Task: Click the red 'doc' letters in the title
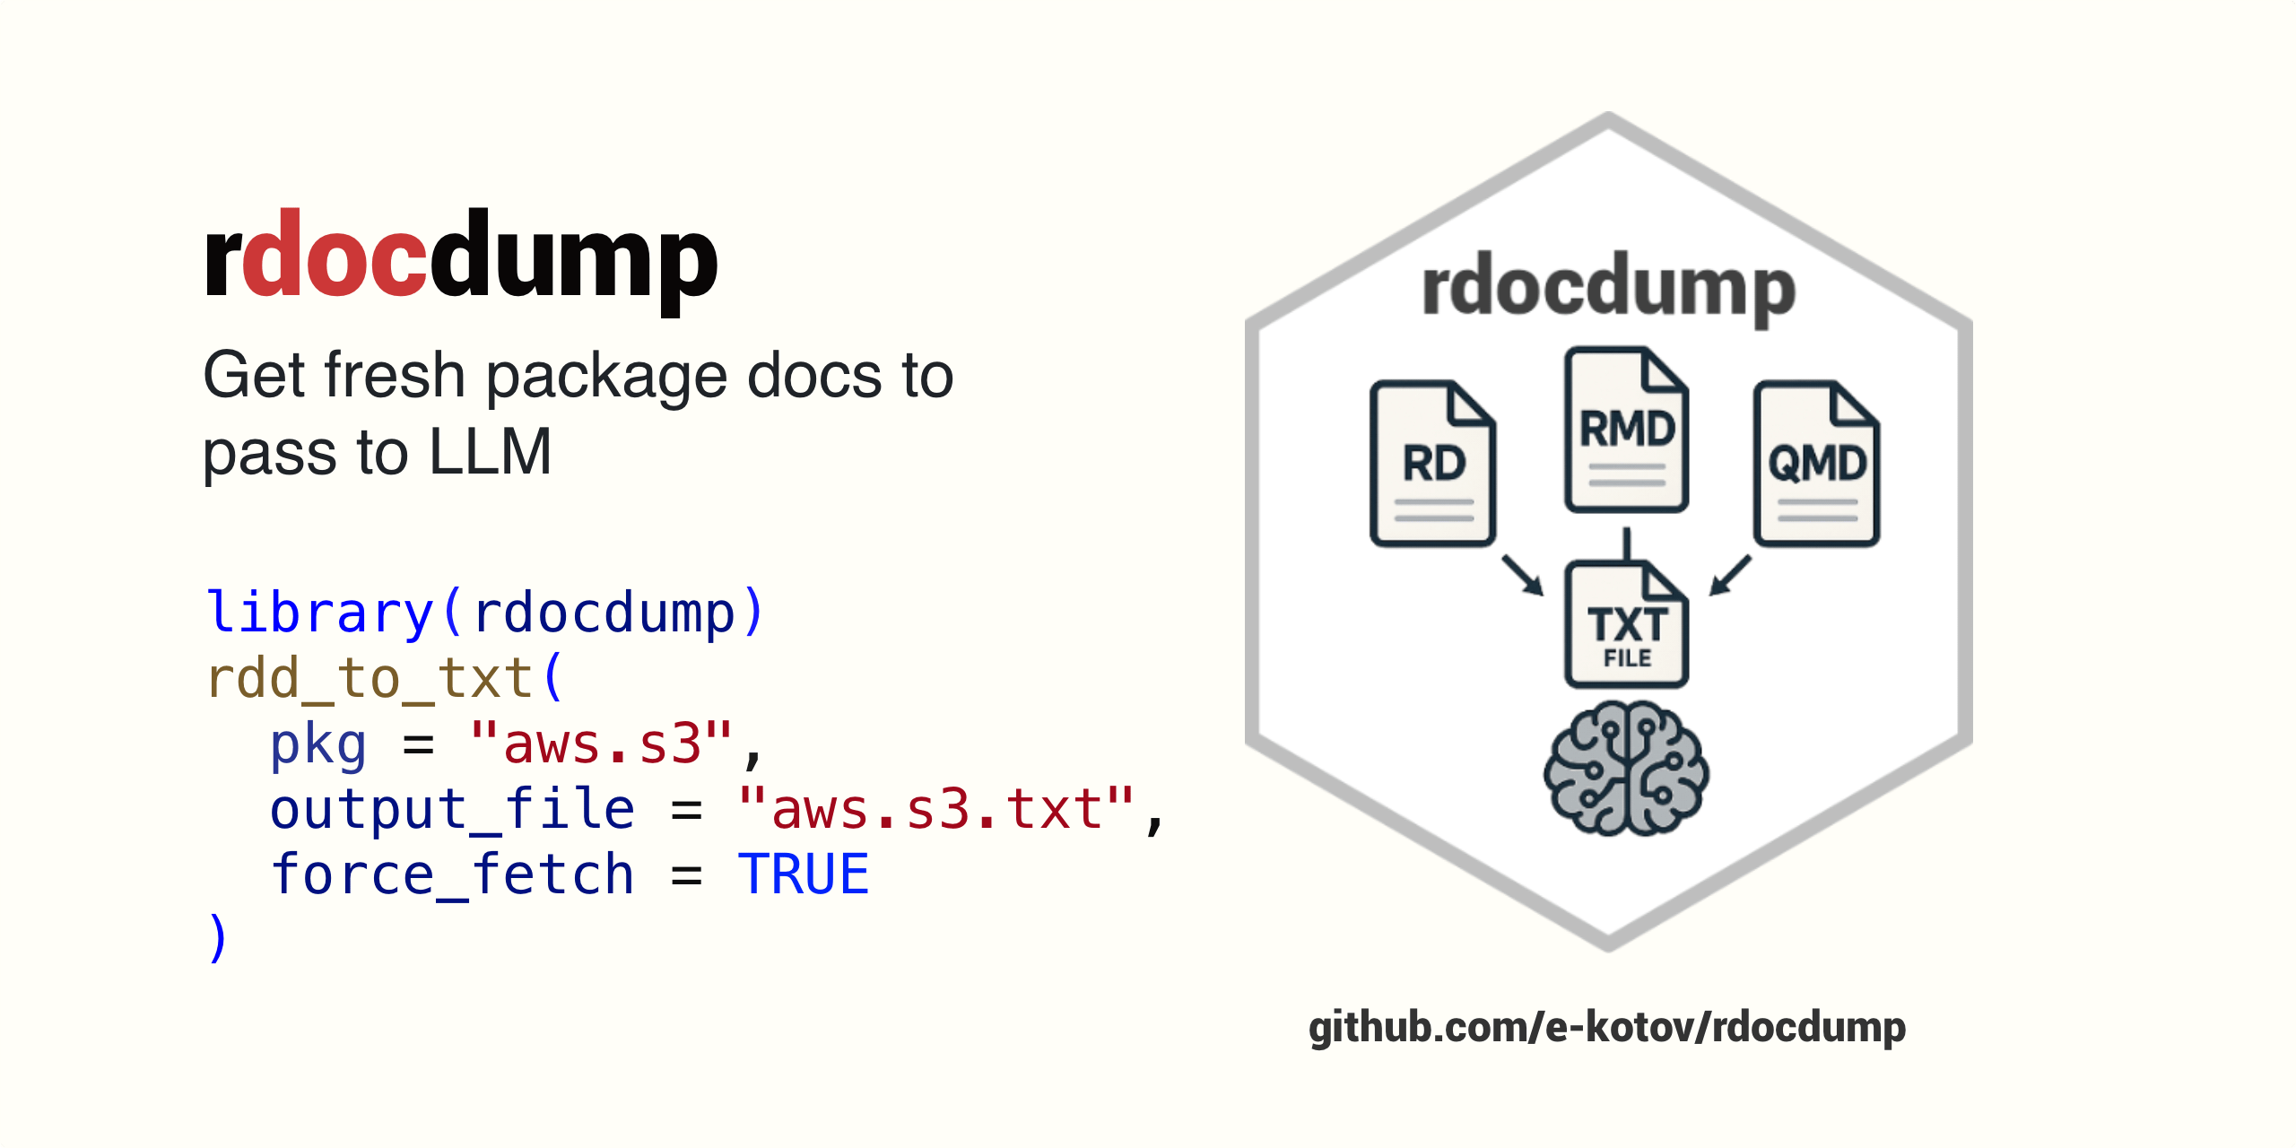334,254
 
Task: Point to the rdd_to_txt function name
370,678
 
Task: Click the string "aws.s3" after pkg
601,744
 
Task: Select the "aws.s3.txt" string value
935,809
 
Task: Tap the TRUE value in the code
804,874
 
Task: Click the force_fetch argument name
453,874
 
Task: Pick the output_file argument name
453,809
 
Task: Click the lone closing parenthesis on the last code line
218,938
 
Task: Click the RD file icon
1432,464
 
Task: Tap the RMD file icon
1626,430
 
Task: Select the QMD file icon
1816,464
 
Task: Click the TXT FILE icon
1626,624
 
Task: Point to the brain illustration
1626,769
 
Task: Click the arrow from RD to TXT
1523,575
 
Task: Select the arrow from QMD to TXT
1729,575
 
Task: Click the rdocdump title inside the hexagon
1609,287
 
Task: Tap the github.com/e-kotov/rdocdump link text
1607,1028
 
